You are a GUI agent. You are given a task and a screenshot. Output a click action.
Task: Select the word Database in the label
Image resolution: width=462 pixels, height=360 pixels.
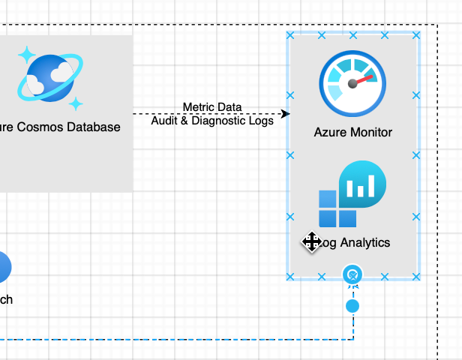94,127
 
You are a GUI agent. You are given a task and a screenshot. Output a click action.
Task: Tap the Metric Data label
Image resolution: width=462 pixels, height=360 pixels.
212,107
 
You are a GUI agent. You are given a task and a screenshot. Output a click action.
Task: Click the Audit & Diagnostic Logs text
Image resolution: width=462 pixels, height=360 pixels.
212,120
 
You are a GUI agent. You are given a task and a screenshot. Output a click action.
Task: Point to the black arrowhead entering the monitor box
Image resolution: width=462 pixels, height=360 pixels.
285,114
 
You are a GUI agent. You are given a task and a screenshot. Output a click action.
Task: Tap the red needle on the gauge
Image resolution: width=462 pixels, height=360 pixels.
363,79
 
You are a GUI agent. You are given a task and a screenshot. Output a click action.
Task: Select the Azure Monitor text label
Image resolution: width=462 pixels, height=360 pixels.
352,132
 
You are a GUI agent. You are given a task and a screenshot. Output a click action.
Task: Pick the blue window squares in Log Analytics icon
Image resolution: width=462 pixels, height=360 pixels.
337,208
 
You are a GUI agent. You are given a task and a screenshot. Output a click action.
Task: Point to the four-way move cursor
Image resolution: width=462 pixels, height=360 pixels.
311,241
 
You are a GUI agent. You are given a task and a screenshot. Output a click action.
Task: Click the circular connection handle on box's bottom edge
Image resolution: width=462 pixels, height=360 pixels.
352,275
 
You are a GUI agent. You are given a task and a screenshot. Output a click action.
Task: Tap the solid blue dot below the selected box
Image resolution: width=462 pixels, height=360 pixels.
352,306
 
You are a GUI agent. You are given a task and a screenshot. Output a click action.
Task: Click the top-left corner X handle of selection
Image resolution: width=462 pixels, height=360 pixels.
290,35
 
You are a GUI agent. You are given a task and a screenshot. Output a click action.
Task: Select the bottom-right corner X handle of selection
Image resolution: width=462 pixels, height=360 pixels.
416,277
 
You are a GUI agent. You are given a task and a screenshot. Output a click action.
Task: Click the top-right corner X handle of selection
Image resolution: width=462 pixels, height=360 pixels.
416,35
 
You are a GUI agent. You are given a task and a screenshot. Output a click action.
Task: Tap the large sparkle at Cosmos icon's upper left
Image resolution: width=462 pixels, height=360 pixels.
26,55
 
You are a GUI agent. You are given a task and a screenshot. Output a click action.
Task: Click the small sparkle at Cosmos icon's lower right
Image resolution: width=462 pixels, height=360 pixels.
76,103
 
